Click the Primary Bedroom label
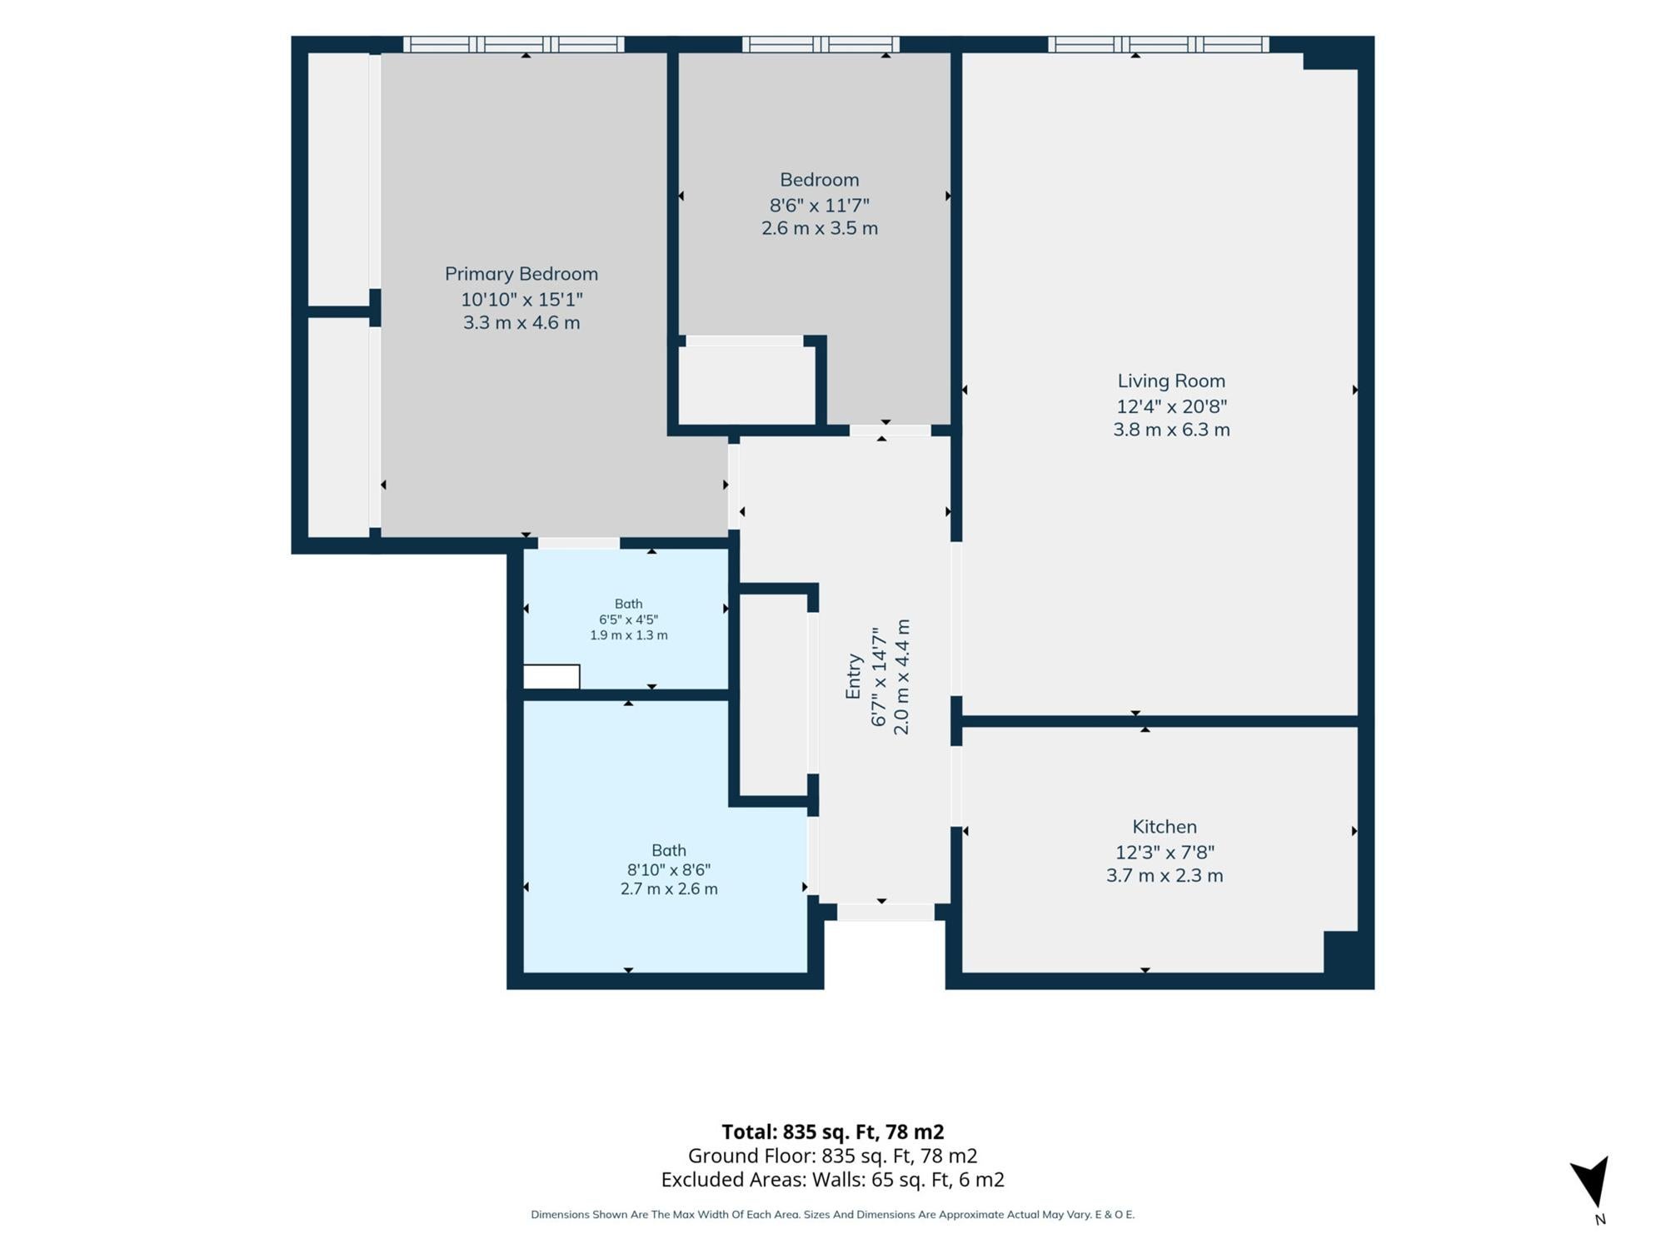click(x=521, y=274)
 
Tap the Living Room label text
click(x=1171, y=381)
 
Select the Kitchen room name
click(x=1165, y=827)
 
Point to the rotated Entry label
click(x=853, y=676)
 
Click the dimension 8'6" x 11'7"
click(x=820, y=205)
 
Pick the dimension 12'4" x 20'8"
click(x=1171, y=406)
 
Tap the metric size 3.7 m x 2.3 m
click(x=1165, y=875)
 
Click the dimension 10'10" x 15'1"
click(x=521, y=299)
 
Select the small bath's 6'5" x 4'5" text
click(x=629, y=620)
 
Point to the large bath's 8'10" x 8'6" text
click(x=669, y=870)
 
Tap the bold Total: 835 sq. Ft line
click(x=833, y=1132)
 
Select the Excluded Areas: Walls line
click(x=833, y=1180)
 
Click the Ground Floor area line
click(x=833, y=1156)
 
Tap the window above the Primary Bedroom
click(x=514, y=45)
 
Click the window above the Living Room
click(x=1159, y=45)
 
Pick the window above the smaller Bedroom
click(x=821, y=45)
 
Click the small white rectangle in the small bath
click(x=551, y=677)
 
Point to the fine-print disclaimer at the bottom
click(x=833, y=1215)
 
